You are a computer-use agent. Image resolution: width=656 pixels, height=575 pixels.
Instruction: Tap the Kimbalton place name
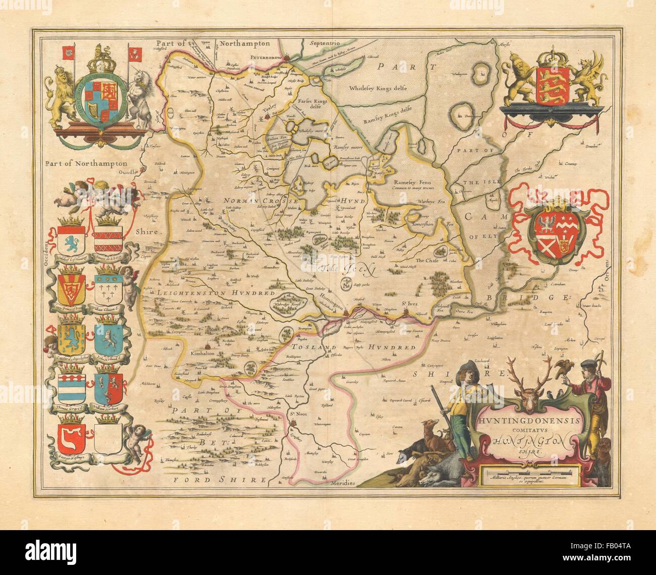click(204, 354)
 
